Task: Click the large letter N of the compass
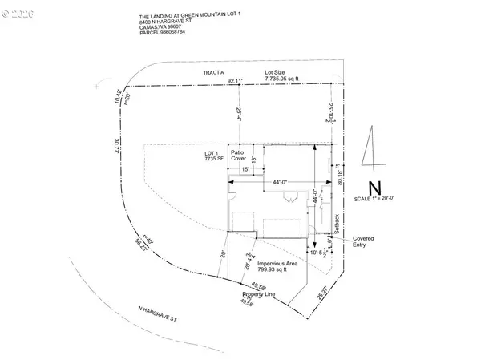click(371, 185)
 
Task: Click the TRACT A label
click(212, 73)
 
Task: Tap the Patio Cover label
click(238, 156)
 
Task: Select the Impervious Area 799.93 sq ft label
click(279, 266)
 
